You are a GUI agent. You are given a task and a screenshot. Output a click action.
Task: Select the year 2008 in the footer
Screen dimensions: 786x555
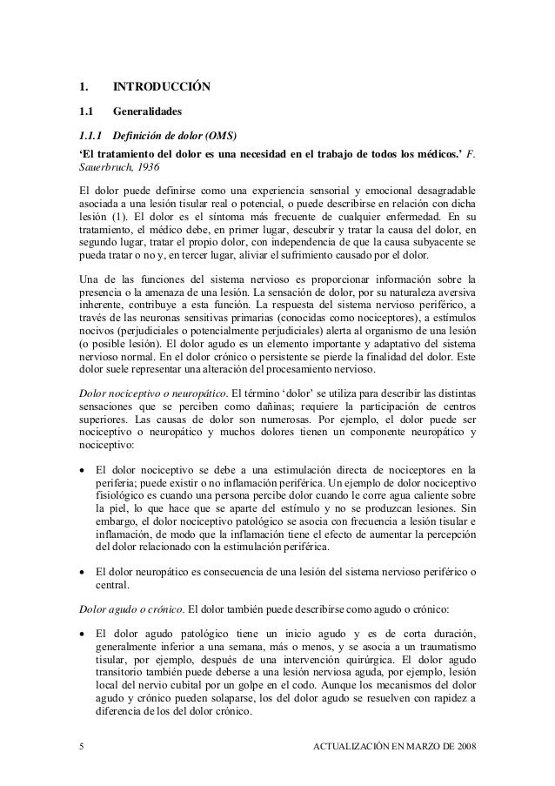click(x=464, y=750)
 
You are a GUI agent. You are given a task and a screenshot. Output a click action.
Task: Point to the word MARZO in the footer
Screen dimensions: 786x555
click(x=416, y=750)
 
